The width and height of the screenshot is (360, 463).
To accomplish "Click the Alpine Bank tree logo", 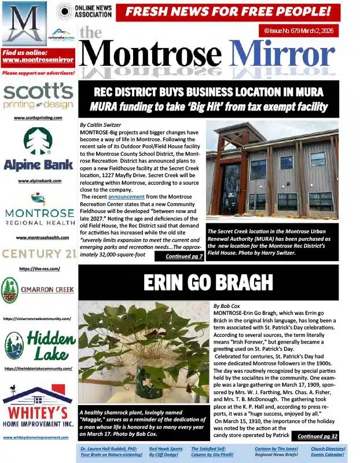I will click(38, 142).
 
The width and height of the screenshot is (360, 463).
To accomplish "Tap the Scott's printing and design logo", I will click(38, 96).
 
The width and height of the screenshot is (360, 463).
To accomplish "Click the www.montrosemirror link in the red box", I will click(38, 60).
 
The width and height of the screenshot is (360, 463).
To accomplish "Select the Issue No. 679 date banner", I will click(298, 31).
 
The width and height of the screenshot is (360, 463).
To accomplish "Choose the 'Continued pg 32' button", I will click(317, 436).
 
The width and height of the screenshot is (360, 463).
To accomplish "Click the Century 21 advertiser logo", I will click(38, 253).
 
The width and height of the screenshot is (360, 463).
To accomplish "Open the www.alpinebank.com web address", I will click(39, 181).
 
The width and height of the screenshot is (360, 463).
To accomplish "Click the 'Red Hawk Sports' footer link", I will click(166, 449).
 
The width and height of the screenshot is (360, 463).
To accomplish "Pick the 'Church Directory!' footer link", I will click(328, 449).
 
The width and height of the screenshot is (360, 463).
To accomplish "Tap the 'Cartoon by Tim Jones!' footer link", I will click(277, 449).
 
